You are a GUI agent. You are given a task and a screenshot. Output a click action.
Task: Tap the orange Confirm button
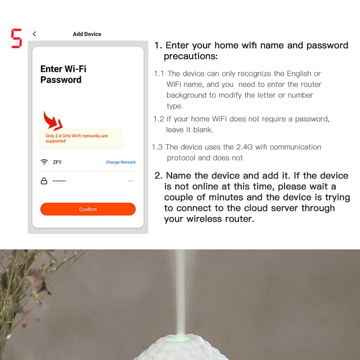[x=88, y=209]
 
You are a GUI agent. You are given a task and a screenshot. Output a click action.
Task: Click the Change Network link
[x=121, y=162]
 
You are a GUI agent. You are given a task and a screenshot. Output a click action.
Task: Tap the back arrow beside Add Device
[x=34, y=34]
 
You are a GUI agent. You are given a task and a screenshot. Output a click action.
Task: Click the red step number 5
[x=16, y=38]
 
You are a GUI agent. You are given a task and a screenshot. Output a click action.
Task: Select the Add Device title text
[x=87, y=34]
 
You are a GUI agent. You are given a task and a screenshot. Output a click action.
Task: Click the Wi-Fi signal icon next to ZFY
[x=44, y=162]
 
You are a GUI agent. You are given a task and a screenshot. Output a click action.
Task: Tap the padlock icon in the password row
[x=44, y=181]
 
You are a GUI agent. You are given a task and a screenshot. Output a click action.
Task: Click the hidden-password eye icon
[x=130, y=181]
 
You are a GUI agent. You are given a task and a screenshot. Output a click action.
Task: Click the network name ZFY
[x=57, y=162]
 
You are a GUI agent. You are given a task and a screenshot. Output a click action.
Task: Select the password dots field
[x=59, y=181]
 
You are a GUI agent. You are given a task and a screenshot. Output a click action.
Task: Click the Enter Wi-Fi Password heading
[x=63, y=74]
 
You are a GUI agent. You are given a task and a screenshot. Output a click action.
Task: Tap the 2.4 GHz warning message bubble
[x=81, y=138]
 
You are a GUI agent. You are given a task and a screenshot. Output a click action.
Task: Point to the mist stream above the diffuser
[x=180, y=292]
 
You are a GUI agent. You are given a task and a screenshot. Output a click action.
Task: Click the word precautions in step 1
[x=190, y=56]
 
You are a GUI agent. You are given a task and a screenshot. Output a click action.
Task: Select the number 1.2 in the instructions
[x=159, y=119]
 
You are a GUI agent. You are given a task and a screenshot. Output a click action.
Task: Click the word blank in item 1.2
[x=203, y=130]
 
